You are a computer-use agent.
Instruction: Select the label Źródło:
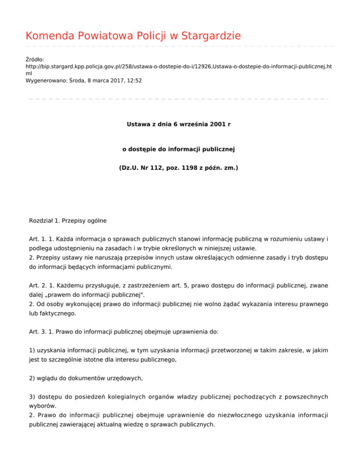click(x=35, y=60)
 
